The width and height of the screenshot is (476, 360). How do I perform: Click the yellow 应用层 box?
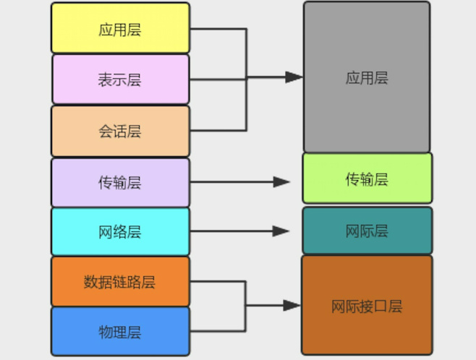point(120,28)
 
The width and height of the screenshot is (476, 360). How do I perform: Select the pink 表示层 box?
point(120,79)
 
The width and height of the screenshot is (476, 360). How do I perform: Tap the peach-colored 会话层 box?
point(120,131)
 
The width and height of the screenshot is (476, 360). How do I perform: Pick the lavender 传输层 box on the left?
point(120,182)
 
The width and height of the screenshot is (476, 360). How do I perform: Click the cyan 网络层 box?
point(120,231)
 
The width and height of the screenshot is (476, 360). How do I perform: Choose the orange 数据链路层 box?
point(120,281)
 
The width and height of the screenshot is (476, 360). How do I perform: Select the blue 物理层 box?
point(120,332)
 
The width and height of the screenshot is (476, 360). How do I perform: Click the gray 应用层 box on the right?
point(367,77)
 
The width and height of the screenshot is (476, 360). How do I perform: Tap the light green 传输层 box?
point(367,179)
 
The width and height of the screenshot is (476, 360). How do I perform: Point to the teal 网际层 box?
point(367,231)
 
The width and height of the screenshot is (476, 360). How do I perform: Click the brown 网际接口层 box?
point(367,306)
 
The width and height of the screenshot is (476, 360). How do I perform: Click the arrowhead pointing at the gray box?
point(294,77)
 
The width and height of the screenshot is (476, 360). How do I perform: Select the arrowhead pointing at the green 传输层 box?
point(281,182)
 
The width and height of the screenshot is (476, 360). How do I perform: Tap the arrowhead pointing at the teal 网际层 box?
point(281,231)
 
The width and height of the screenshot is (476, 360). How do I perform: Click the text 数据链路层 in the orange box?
point(120,281)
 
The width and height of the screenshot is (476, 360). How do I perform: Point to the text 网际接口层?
point(367,306)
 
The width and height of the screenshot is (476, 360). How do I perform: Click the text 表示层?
point(120,80)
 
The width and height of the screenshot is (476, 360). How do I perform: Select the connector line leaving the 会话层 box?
point(217,131)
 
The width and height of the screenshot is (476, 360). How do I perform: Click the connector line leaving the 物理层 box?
point(217,332)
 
